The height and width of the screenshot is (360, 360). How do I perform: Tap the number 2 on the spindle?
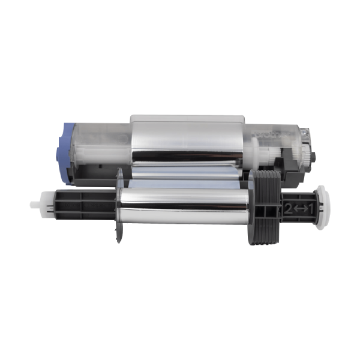tap(289, 209)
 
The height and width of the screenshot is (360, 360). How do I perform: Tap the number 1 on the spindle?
tap(310, 209)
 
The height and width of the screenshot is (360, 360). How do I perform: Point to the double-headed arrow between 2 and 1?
tap(300, 209)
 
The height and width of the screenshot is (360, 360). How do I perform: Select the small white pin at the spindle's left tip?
tap(34, 205)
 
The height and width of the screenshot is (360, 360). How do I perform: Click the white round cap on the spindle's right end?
tap(323, 208)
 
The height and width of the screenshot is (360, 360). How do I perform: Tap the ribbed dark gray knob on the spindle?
tap(267, 208)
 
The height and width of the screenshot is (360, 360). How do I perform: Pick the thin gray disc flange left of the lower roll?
tap(119, 205)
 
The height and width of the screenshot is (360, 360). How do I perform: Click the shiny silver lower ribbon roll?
tap(184, 206)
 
